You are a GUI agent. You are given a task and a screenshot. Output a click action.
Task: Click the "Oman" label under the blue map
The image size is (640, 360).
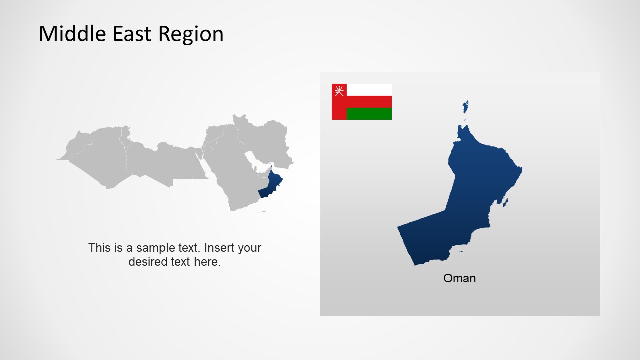459,278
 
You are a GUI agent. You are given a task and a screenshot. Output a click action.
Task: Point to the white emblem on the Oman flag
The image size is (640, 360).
339,91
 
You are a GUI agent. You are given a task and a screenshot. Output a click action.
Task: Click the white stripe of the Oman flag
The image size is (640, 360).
369,90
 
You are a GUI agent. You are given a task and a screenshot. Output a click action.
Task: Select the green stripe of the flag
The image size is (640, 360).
369,114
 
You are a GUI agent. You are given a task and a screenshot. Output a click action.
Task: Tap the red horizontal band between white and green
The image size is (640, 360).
369,102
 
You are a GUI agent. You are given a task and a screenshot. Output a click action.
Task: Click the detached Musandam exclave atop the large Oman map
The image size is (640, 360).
466,107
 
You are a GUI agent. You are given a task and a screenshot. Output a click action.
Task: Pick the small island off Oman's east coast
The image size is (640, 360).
506,202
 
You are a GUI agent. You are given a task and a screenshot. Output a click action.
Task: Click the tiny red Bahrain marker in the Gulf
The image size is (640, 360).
253,167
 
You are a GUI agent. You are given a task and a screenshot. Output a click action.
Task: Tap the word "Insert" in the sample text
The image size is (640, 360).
220,248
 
